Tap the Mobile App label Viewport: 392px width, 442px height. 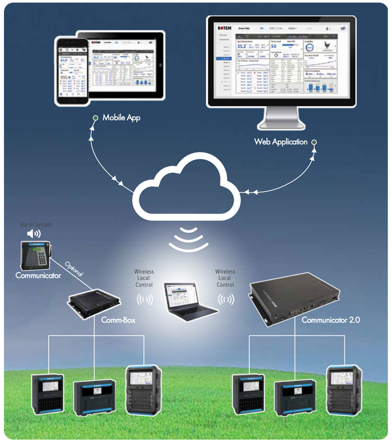pyautogui.click(x=121, y=118)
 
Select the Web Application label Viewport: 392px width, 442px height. pyautogui.click(x=281, y=142)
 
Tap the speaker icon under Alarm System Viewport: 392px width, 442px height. pyautogui.click(x=34, y=234)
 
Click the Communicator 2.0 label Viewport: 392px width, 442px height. pyautogui.click(x=331, y=320)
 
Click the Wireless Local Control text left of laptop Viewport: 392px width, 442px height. pyautogui.click(x=144, y=278)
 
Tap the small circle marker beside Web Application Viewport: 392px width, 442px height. pyautogui.click(x=314, y=142)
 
